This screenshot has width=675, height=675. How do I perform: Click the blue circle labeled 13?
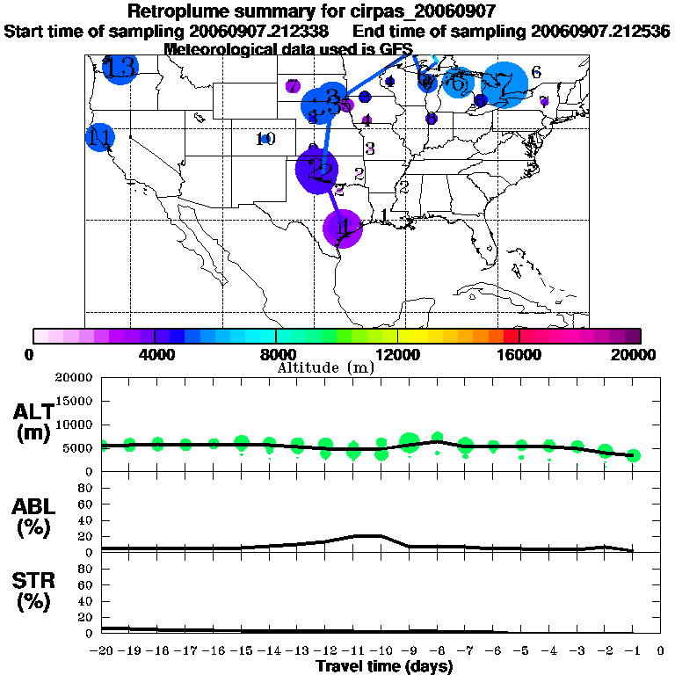[x=120, y=68]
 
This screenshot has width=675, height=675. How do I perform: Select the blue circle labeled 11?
[x=100, y=137]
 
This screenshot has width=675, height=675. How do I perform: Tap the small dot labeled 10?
[x=265, y=139]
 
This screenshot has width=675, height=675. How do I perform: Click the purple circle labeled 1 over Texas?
[x=343, y=229]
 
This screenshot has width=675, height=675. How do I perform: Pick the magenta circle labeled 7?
[x=293, y=86]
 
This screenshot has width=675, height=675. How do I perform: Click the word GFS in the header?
[x=383, y=49]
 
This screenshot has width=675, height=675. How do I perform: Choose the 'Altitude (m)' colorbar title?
[x=325, y=367]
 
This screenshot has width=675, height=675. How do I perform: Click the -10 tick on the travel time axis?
[x=381, y=651]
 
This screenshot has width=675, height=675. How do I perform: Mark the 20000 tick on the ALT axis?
[x=73, y=378]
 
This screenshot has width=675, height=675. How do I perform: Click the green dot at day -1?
[x=633, y=455]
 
